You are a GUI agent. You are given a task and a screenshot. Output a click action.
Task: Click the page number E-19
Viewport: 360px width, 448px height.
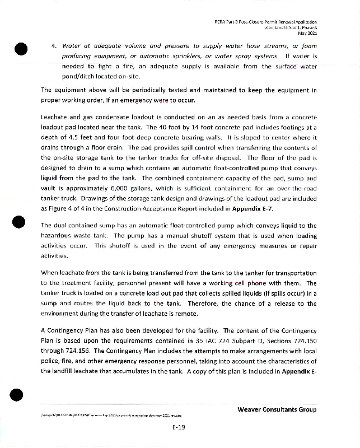point(179,427)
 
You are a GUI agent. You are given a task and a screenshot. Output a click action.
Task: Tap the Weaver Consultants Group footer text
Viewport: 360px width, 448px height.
point(277,409)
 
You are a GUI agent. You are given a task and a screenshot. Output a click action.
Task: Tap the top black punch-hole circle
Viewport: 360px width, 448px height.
point(21,49)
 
